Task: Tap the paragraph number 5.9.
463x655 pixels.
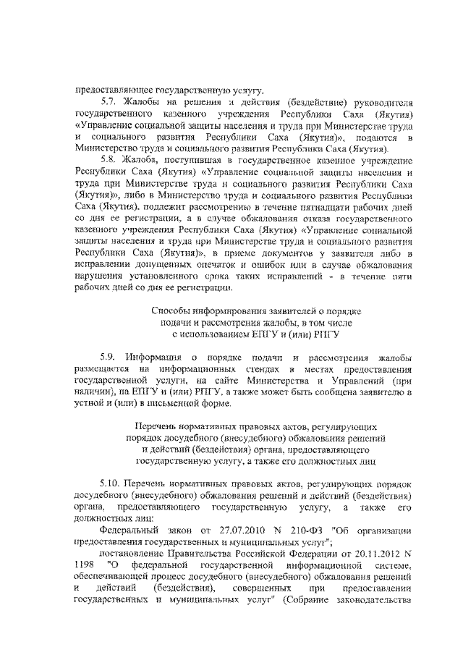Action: [x=109, y=357]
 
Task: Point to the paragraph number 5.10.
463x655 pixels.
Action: [x=111, y=483]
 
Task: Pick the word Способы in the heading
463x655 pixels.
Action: [x=169, y=311]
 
